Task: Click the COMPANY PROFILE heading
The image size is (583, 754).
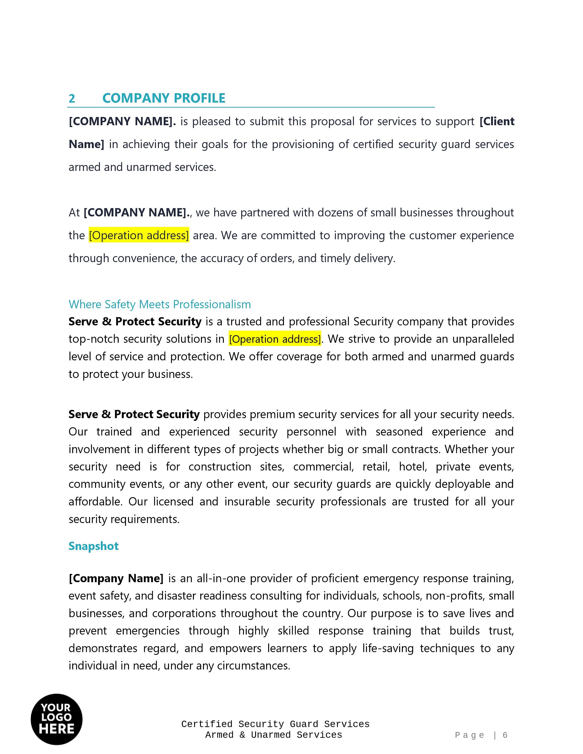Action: coord(164,98)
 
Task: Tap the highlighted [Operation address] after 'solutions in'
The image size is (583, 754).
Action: coord(275,339)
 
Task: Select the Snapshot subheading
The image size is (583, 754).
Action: coord(94,546)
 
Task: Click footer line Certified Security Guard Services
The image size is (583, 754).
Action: coord(275,724)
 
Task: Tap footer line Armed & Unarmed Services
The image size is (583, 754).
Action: coord(274,735)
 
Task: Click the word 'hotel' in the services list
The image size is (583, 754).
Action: coord(413,467)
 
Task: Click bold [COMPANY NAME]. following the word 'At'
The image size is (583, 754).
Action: coord(137,212)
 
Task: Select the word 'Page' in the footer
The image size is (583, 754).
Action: coord(470,735)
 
